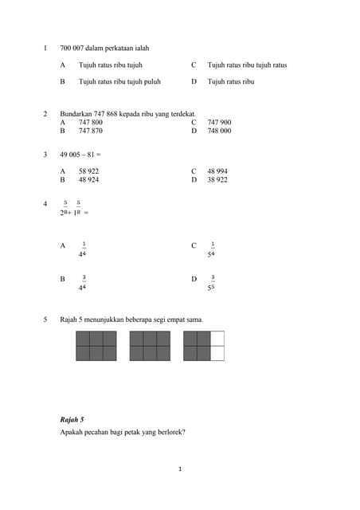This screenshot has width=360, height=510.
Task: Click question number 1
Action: (45, 48)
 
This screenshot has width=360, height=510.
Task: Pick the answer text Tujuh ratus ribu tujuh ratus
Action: (247, 65)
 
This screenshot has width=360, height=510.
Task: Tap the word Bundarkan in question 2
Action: (76, 114)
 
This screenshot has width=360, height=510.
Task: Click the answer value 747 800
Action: (91, 122)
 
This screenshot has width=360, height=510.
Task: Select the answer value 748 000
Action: (219, 130)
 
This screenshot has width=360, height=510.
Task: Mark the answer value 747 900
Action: (219, 122)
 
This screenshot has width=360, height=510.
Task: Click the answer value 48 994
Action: (217, 171)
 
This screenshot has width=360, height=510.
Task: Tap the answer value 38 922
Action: (217, 180)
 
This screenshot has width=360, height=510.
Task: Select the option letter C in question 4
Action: (194, 245)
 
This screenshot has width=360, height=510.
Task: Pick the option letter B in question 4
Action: (62, 279)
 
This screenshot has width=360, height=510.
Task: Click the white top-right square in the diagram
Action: (217, 339)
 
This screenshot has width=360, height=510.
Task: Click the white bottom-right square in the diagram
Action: (217, 353)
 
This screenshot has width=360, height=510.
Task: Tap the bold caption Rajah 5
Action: (72, 418)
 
